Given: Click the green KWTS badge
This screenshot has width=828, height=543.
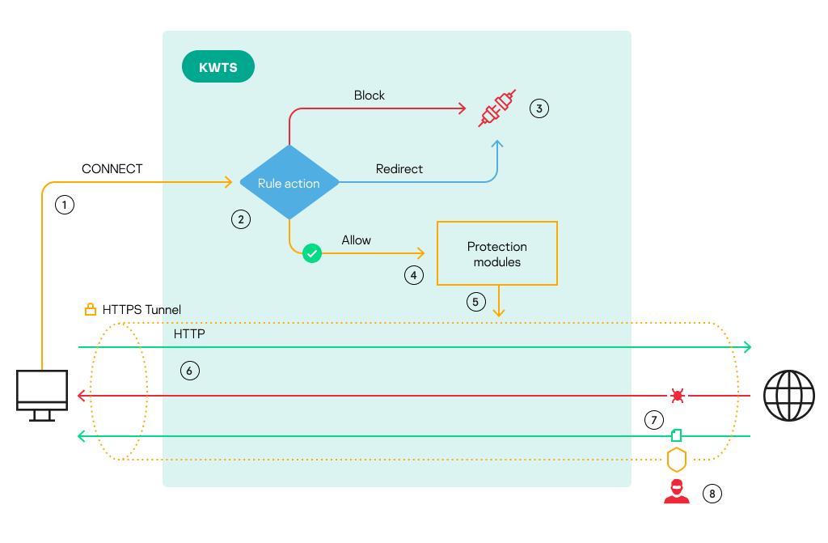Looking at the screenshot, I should pos(218,67).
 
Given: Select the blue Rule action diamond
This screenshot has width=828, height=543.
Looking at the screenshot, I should pos(289,183).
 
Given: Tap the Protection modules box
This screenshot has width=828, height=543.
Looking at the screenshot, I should pos(496,253).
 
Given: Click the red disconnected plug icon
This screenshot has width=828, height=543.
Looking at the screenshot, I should pos(496,108).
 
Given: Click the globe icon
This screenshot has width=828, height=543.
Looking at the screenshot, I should pos(789,396).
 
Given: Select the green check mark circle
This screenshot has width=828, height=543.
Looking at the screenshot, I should pos(312,254).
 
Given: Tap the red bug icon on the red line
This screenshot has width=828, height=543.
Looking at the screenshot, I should pos(677,396).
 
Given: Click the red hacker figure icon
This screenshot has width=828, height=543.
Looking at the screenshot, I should pos(676,492).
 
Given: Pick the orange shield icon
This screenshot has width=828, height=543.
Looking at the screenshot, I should pos(676,460).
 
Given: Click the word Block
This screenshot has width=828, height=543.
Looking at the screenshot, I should pos(370,95).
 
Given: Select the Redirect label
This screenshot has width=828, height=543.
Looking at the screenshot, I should pos(399,169).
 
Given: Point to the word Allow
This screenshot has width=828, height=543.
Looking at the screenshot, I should pos(357,240).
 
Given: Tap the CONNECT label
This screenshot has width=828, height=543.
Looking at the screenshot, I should pos(112,169).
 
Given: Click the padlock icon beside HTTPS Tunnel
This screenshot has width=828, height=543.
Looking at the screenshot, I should pos(91,310).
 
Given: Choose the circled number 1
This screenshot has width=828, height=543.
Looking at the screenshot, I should pos(65,205).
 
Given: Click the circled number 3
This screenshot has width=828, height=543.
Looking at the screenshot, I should pos(539,108).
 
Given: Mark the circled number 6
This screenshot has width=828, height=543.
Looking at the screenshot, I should pos(189,371).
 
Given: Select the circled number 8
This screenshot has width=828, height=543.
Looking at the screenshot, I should pos(711,493).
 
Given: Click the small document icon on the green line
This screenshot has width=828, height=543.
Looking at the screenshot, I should pos(677,435).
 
